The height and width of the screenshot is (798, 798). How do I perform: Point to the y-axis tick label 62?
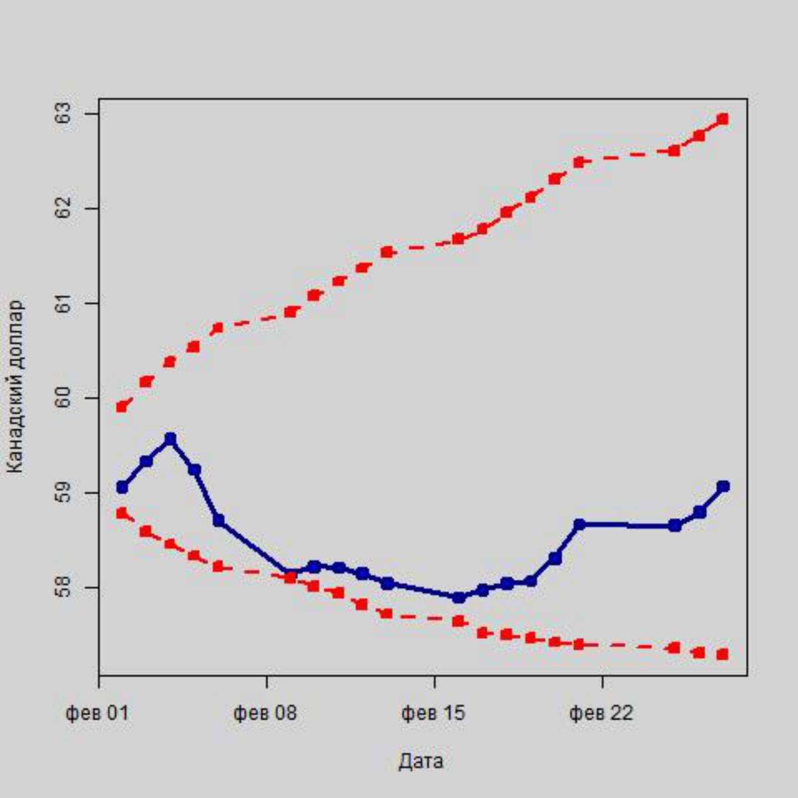click(65, 209)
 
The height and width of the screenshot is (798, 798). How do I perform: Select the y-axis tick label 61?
click(65, 304)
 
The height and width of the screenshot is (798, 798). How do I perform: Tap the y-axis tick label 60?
click(65, 398)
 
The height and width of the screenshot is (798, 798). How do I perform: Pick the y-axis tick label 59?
click(65, 493)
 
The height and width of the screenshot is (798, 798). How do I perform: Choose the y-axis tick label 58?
click(65, 588)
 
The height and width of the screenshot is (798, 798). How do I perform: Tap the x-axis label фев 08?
click(265, 714)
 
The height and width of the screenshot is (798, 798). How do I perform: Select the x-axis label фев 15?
click(433, 714)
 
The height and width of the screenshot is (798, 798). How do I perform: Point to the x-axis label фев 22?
click(601, 714)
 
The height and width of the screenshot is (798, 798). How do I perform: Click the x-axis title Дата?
click(421, 761)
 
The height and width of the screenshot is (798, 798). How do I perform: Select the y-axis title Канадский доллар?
click(16, 387)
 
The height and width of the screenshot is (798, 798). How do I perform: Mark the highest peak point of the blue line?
click(170, 439)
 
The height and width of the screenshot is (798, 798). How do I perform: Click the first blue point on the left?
click(122, 487)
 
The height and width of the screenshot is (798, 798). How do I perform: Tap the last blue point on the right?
click(723, 486)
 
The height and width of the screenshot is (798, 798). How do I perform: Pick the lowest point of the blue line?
click(458, 597)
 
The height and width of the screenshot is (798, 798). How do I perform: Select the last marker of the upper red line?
click(723, 119)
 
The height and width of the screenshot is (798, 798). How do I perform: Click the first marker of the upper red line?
click(122, 406)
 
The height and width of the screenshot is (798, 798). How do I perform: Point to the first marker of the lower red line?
click(122, 513)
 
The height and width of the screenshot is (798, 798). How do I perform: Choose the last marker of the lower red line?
click(723, 654)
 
